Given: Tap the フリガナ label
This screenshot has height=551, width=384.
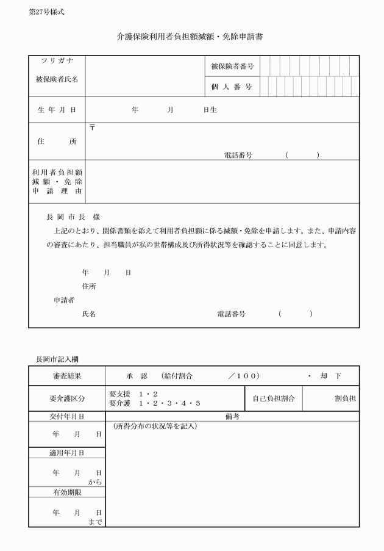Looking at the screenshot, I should tap(57, 62).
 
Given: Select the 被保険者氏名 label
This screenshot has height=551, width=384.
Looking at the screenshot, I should tap(57, 79).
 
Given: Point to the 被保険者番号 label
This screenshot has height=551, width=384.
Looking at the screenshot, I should tap(232, 66).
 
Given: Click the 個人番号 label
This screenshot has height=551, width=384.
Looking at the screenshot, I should tap(232, 87).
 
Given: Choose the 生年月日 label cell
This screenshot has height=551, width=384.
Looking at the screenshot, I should tap(57, 110).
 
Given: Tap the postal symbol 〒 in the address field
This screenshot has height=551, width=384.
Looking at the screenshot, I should tap(93, 128).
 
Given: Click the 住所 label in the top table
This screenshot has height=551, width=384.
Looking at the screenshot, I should tap(57, 142).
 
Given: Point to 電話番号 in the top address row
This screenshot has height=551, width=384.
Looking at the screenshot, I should tap(238, 156).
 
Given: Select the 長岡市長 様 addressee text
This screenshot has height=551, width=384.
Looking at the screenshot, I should tap(73, 217).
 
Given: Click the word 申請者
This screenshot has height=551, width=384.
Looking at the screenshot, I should tap(64, 300).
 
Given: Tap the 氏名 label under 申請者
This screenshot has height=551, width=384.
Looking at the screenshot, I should tap(88, 314).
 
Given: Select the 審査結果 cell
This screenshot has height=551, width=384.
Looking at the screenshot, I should tap(67, 376).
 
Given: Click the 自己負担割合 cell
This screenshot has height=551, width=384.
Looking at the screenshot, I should tap(274, 398).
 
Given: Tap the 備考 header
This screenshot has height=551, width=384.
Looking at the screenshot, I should tap(232, 416).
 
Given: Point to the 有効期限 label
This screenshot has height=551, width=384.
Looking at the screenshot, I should tap(67, 492).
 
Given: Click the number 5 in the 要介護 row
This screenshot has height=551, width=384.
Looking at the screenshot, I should tap(197, 403).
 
